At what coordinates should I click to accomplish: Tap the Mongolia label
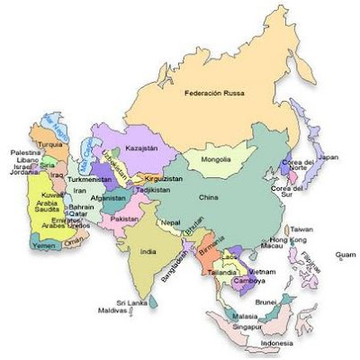(215, 160)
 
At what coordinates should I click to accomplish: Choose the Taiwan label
(302, 229)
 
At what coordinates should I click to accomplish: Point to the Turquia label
(50, 145)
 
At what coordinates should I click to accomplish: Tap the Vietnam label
(262, 271)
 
